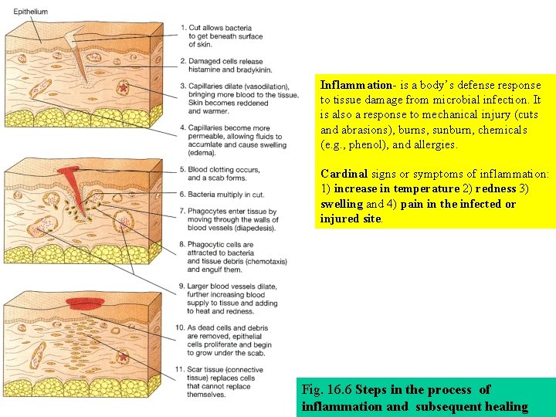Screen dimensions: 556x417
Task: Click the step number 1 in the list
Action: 183,28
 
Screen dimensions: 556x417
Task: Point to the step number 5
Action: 183,169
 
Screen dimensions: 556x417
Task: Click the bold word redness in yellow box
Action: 496,189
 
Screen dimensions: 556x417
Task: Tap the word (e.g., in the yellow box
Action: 334,144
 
